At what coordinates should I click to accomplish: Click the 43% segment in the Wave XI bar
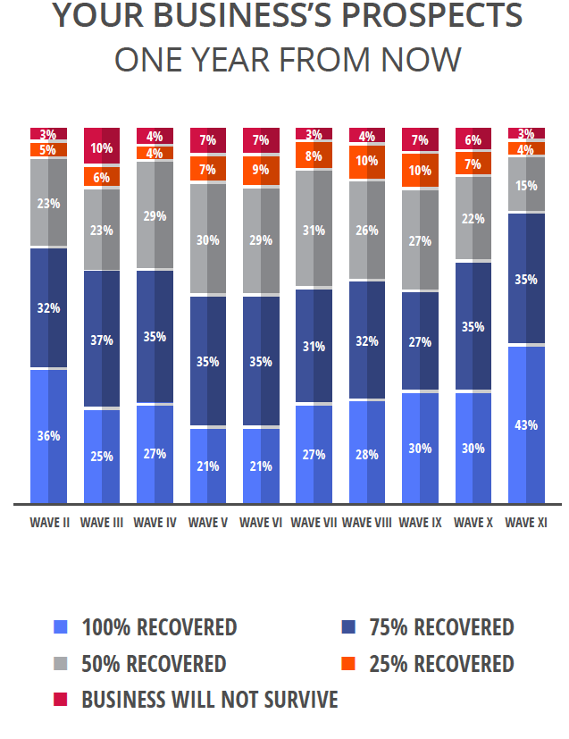526,424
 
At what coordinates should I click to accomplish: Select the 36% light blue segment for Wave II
48,436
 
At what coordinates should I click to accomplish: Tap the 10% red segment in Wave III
101,147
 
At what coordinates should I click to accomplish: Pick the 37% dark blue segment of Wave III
101,340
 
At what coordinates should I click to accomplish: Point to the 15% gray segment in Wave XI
526,185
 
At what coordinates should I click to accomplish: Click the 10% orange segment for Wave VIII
366,162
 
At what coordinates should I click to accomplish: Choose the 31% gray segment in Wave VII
314,229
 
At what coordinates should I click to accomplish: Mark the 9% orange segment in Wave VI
261,171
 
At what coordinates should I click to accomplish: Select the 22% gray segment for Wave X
473,219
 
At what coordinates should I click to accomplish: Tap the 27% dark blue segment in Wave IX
420,341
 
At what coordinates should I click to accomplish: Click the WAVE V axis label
207,522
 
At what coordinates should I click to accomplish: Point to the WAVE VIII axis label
366,522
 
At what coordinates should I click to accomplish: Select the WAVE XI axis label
526,522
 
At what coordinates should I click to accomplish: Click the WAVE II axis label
48,522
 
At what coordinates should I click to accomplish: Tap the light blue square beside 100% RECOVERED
61,627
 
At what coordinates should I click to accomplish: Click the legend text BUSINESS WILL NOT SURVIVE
209,699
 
